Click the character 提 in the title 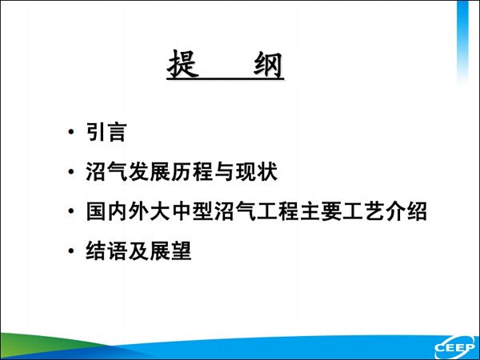pos(183,64)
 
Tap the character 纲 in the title pos(268,65)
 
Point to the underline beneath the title pos(226,79)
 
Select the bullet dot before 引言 pos(71,132)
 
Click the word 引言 pos(106,132)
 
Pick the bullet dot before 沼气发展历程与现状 pos(71,171)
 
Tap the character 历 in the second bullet pos(182,171)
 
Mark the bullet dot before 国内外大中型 pos(71,211)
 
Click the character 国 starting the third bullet pos(96,211)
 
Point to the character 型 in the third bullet pos(202,211)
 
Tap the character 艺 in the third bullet pos(374,211)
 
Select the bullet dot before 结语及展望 pos(71,251)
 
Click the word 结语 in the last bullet pos(106,250)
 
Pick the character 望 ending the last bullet pos(182,250)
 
